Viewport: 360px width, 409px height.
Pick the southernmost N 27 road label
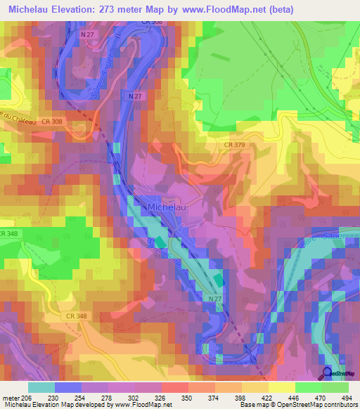click(x=215, y=299)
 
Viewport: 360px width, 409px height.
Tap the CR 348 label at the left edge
click(x=9, y=233)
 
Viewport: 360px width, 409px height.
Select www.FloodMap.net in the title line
click(x=228, y=9)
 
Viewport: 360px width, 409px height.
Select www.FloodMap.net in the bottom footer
click(x=138, y=405)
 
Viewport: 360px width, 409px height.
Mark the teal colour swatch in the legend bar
click(x=41, y=387)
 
